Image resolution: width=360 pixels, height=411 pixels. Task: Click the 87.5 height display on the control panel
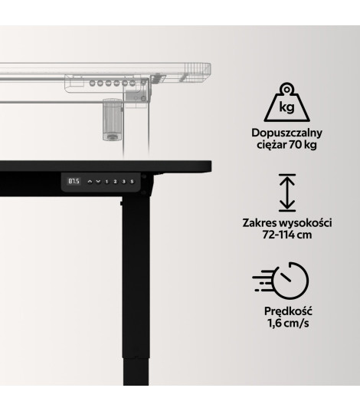(x=74, y=181)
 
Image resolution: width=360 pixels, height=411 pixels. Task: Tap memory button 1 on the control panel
(x=106, y=182)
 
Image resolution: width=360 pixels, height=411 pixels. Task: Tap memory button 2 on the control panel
(x=115, y=182)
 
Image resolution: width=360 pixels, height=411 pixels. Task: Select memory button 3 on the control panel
(x=123, y=182)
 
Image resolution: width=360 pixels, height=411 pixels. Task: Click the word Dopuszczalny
(x=286, y=133)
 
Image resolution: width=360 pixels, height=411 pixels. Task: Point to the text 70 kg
(x=303, y=144)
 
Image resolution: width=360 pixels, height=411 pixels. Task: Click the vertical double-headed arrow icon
(x=287, y=192)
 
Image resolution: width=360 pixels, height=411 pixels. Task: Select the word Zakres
(x=260, y=223)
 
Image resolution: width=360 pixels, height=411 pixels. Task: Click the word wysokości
(x=306, y=223)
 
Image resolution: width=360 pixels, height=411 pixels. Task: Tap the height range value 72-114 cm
(x=287, y=235)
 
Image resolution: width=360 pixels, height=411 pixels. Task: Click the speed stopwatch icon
(x=280, y=281)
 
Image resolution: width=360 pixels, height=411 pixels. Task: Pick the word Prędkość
(x=288, y=311)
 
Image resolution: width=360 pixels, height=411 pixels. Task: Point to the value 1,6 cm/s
(x=288, y=323)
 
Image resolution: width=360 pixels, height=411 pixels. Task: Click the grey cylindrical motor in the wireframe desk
(x=113, y=120)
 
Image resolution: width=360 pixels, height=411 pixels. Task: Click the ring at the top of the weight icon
(x=287, y=90)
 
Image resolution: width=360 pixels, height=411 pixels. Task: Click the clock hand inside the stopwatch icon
(x=285, y=277)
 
